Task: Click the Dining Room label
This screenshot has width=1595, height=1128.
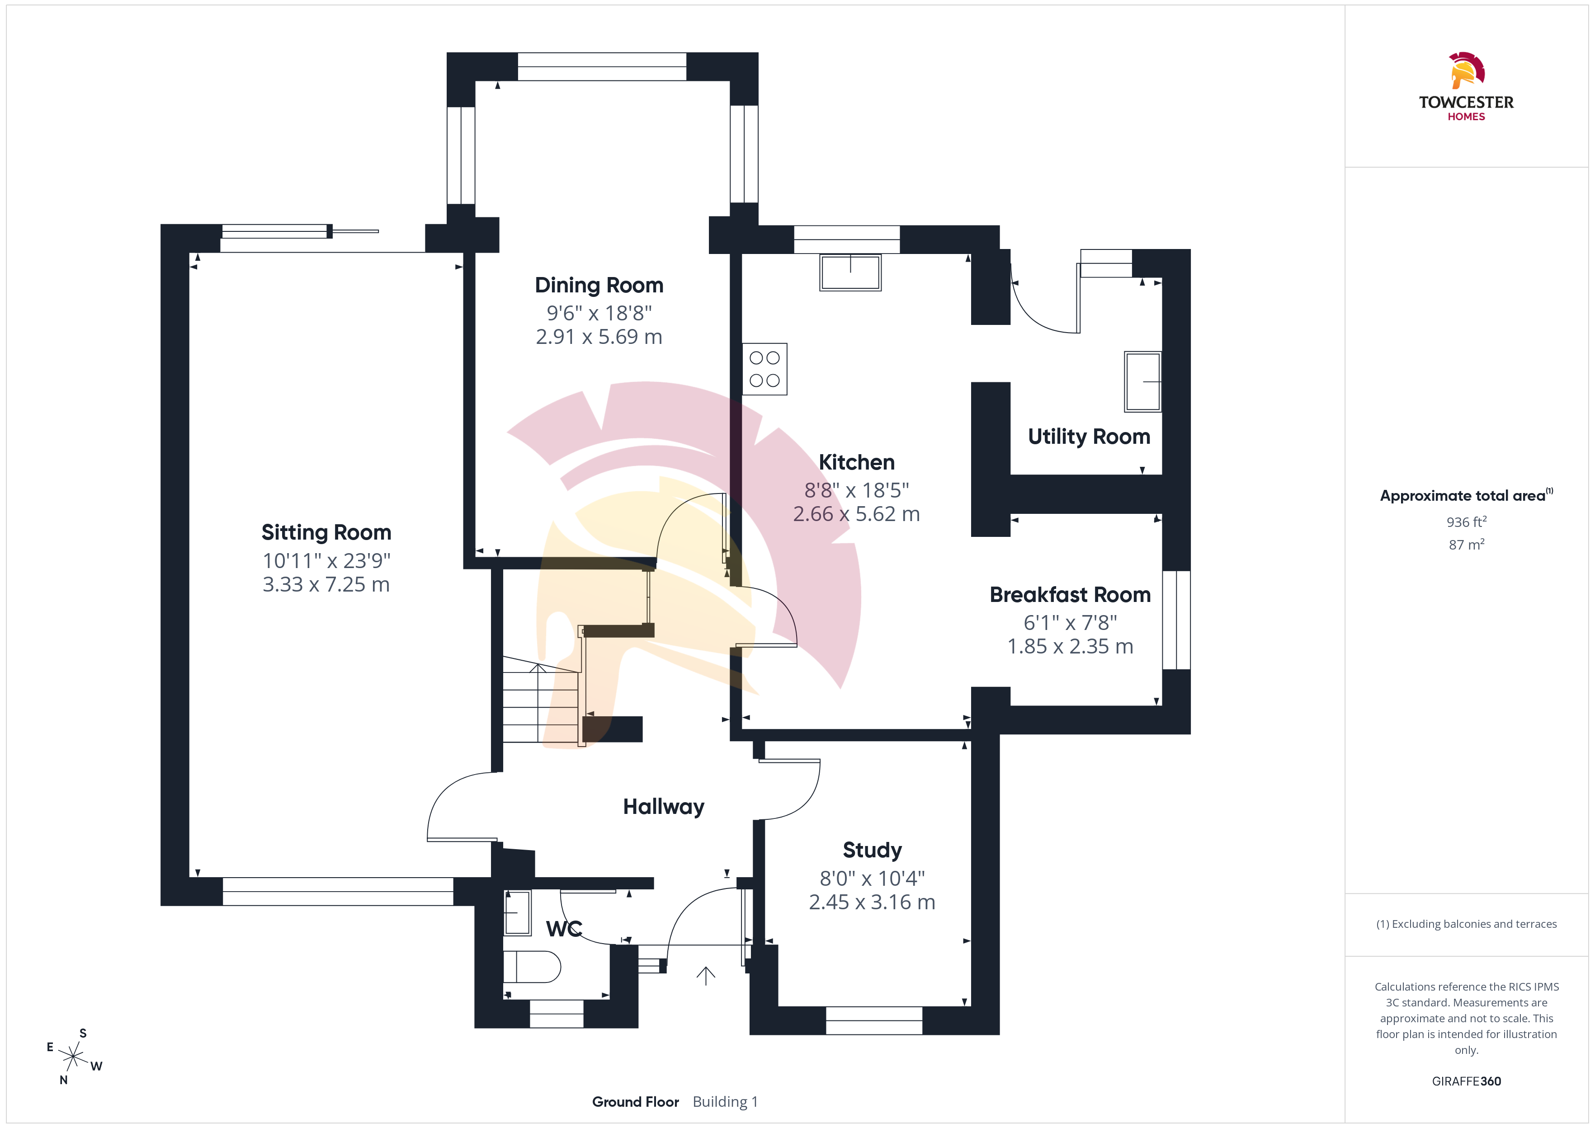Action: (599, 286)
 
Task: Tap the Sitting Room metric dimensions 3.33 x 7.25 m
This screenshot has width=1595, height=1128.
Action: (326, 584)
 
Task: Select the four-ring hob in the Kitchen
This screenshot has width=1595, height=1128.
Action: (764, 369)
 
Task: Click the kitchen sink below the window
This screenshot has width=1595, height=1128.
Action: (850, 272)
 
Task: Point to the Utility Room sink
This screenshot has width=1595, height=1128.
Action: (1143, 381)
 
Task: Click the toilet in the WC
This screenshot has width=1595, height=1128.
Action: (531, 966)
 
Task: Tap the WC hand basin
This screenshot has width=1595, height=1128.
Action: (517, 912)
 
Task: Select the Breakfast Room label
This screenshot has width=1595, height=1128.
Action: (1070, 595)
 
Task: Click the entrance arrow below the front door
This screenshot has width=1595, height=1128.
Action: (706, 976)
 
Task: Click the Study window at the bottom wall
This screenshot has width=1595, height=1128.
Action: (874, 1020)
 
